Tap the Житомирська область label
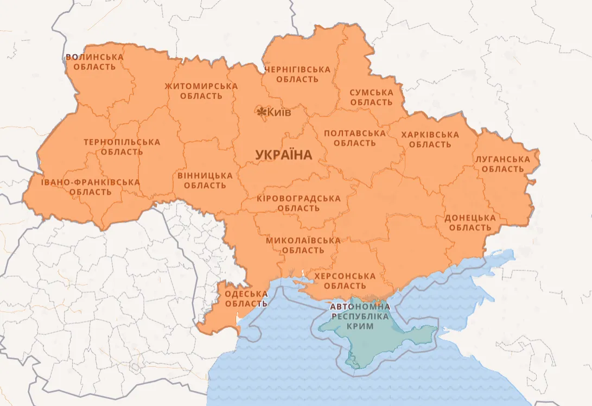(201, 91)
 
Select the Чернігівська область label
(297, 74)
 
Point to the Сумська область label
(371, 98)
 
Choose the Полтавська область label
(355, 138)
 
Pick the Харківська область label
(430, 139)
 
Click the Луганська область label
(502, 164)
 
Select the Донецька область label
(470, 223)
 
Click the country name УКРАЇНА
(283, 155)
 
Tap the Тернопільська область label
(122, 147)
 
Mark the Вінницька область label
(205, 181)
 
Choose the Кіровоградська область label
(298, 203)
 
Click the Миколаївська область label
(303, 245)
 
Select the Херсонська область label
(341, 281)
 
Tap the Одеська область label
(246, 299)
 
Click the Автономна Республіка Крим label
(360, 316)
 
